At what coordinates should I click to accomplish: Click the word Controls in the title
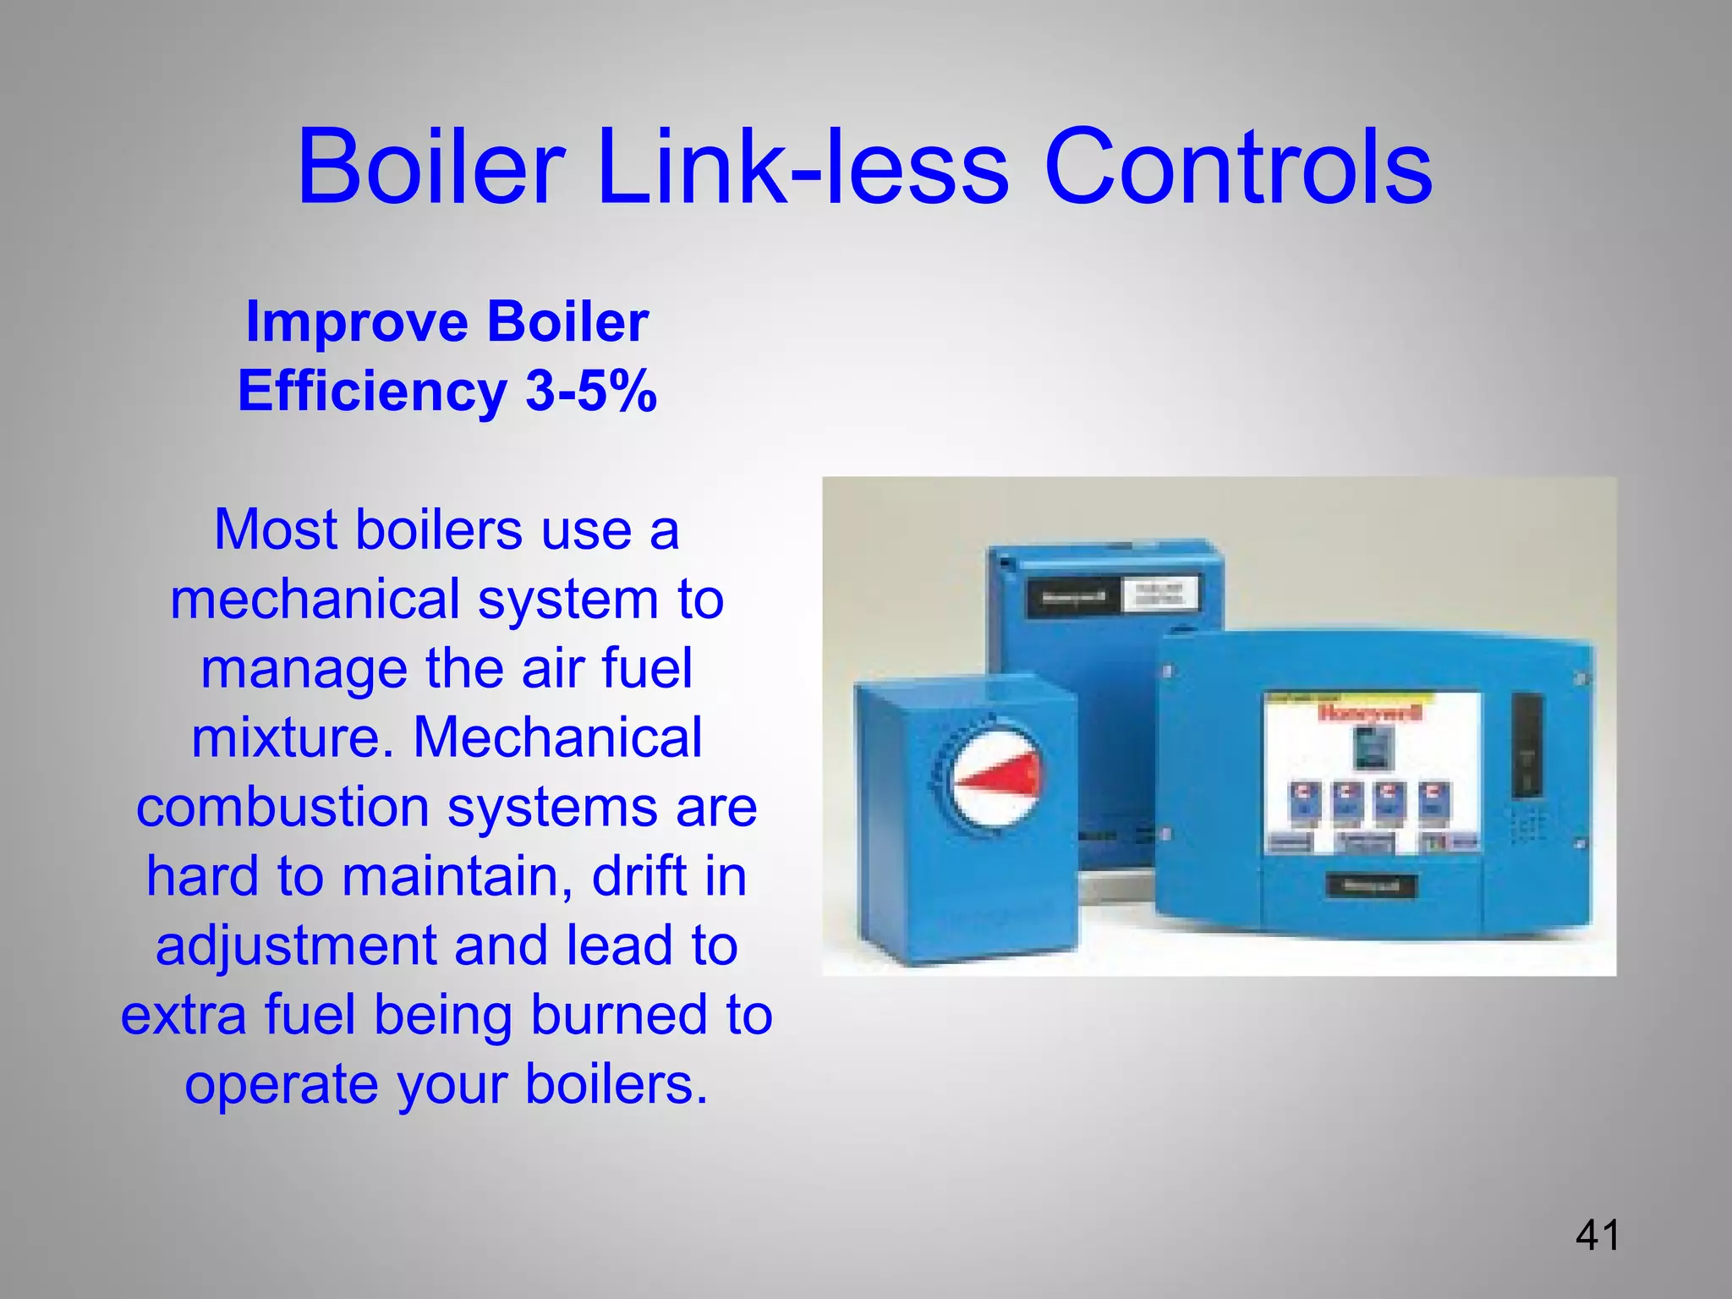(x=1238, y=167)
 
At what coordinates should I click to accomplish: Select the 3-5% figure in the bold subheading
(x=591, y=391)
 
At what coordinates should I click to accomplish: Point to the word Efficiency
(x=372, y=391)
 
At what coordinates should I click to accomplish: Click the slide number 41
(x=1598, y=1236)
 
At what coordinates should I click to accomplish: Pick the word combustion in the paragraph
(x=282, y=807)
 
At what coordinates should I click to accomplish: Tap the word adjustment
(x=295, y=945)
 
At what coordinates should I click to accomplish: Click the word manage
(x=304, y=668)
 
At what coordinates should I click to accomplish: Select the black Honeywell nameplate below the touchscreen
(x=1369, y=886)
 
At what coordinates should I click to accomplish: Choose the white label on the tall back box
(x=1160, y=594)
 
